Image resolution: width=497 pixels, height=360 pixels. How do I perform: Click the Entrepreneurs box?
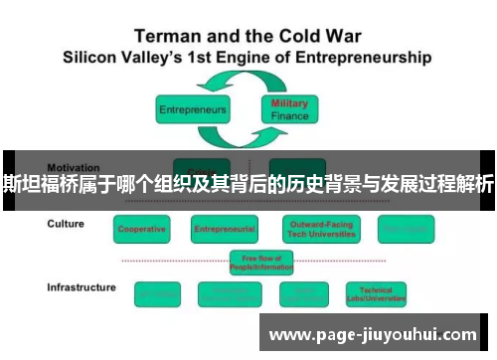click(192, 108)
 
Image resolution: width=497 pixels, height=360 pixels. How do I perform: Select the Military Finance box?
click(290, 109)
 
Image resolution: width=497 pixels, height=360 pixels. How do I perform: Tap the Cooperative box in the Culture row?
click(142, 229)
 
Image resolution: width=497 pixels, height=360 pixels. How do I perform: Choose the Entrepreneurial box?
click(225, 229)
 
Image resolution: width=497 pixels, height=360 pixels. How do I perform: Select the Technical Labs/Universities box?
click(384, 293)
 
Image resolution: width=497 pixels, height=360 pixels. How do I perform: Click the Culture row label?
click(66, 224)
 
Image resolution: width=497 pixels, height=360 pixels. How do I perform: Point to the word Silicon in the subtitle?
click(94, 57)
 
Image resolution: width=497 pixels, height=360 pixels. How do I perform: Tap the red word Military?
click(290, 103)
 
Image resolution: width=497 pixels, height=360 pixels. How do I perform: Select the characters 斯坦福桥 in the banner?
click(39, 183)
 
